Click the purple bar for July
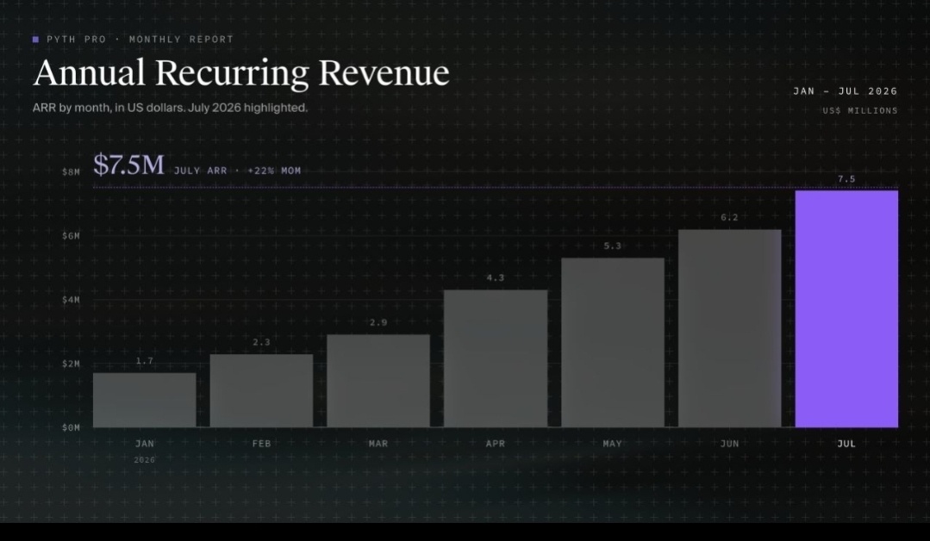(x=846, y=308)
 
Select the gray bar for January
(x=145, y=400)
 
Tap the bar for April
(x=496, y=358)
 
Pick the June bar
(x=729, y=328)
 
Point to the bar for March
(x=378, y=381)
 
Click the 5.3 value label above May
(x=613, y=246)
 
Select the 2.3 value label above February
(x=261, y=342)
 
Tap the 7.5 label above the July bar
(x=846, y=178)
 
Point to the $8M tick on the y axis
(x=71, y=171)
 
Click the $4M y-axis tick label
(x=71, y=300)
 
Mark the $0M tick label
(x=71, y=427)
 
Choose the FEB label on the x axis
(x=261, y=444)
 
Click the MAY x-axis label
(x=613, y=444)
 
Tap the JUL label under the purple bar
(x=846, y=444)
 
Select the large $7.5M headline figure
(x=128, y=165)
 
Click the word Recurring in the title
(x=232, y=73)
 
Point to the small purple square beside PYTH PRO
(x=35, y=40)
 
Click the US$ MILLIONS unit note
(x=860, y=110)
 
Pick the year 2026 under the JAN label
(x=144, y=460)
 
